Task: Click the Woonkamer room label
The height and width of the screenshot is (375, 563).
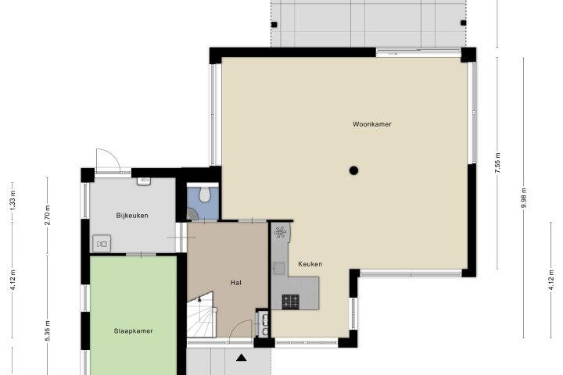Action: pyautogui.click(x=372, y=124)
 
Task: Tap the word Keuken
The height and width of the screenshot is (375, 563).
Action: pyautogui.click(x=310, y=264)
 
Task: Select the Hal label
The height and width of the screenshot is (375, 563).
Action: pyautogui.click(x=236, y=283)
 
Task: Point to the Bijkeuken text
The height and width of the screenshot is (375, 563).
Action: pyautogui.click(x=132, y=216)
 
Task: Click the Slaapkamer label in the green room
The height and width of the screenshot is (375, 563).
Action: pyautogui.click(x=133, y=331)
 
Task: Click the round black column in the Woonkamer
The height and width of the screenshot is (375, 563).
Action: pyautogui.click(x=354, y=170)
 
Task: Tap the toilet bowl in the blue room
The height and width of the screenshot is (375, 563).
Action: pyautogui.click(x=205, y=194)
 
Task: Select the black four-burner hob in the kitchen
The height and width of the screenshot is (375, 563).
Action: pyautogui.click(x=290, y=302)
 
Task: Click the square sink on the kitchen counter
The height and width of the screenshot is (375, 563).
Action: pyautogui.click(x=279, y=268)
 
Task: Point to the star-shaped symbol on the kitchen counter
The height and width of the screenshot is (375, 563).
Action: pyautogui.click(x=281, y=233)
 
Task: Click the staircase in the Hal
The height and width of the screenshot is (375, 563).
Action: pyautogui.click(x=201, y=314)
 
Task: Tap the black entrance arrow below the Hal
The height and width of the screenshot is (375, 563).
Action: pyautogui.click(x=242, y=357)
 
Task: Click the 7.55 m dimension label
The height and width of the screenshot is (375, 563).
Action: pyautogui.click(x=497, y=163)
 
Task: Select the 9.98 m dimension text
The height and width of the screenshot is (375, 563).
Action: pyautogui.click(x=524, y=198)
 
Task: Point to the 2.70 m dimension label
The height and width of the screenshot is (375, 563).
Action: pyautogui.click(x=47, y=215)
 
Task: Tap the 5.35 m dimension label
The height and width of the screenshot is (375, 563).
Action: pyautogui.click(x=47, y=331)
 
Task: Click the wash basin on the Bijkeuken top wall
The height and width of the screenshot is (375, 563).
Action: pyautogui.click(x=145, y=181)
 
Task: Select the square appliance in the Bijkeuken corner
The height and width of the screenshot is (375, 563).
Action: pyautogui.click(x=102, y=244)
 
